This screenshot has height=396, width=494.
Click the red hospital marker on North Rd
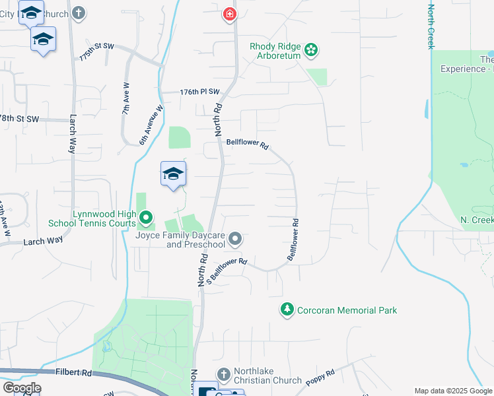point(230,14)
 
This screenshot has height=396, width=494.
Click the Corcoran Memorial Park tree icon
point(287,308)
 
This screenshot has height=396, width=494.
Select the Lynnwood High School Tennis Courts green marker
point(147,216)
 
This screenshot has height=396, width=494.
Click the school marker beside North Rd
point(173,174)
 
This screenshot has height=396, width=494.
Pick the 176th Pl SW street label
point(199,93)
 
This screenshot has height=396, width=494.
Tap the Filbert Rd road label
point(73,373)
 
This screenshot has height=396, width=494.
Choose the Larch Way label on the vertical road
point(72,135)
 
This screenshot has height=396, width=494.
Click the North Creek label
point(431,26)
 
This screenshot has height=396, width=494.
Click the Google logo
point(22,387)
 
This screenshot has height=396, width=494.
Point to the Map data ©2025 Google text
point(452,391)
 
